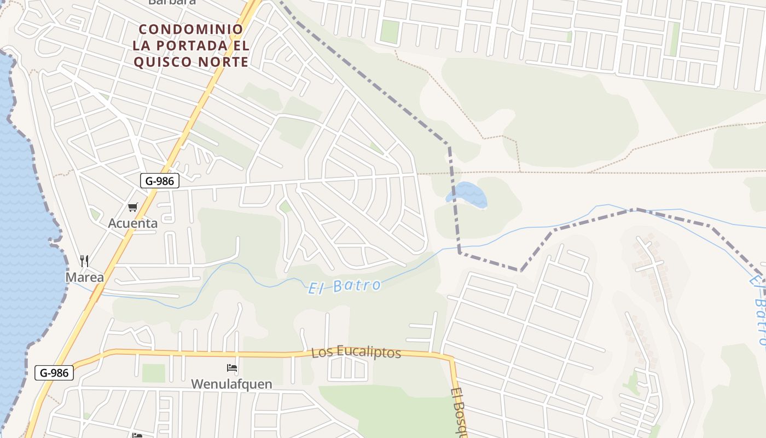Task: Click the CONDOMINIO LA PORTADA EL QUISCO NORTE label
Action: (x=191, y=45)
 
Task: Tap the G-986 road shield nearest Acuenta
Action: (x=159, y=181)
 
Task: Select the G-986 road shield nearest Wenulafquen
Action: (x=54, y=373)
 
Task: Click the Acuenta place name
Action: (x=132, y=223)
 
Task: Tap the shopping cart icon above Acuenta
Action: (x=132, y=207)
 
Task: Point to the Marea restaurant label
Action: (x=84, y=278)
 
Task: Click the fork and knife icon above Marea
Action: (x=84, y=261)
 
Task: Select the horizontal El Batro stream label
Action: (x=344, y=286)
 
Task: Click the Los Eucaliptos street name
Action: (x=356, y=353)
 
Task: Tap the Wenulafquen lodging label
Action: (x=231, y=384)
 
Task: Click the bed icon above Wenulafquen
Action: (x=232, y=367)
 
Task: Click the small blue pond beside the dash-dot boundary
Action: (x=468, y=194)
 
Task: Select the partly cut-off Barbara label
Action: (x=172, y=2)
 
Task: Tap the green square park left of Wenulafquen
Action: (x=153, y=373)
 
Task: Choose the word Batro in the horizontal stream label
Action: (x=362, y=285)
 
